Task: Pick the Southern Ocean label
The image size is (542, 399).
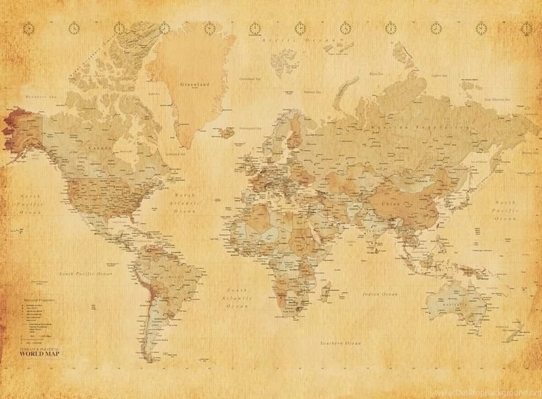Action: coord(341,343)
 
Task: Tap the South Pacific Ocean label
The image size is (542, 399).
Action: coord(87,273)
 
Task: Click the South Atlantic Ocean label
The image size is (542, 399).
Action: coord(237,297)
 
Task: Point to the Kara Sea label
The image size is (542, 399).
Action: coord(376,74)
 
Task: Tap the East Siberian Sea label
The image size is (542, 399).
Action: coord(499,98)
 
